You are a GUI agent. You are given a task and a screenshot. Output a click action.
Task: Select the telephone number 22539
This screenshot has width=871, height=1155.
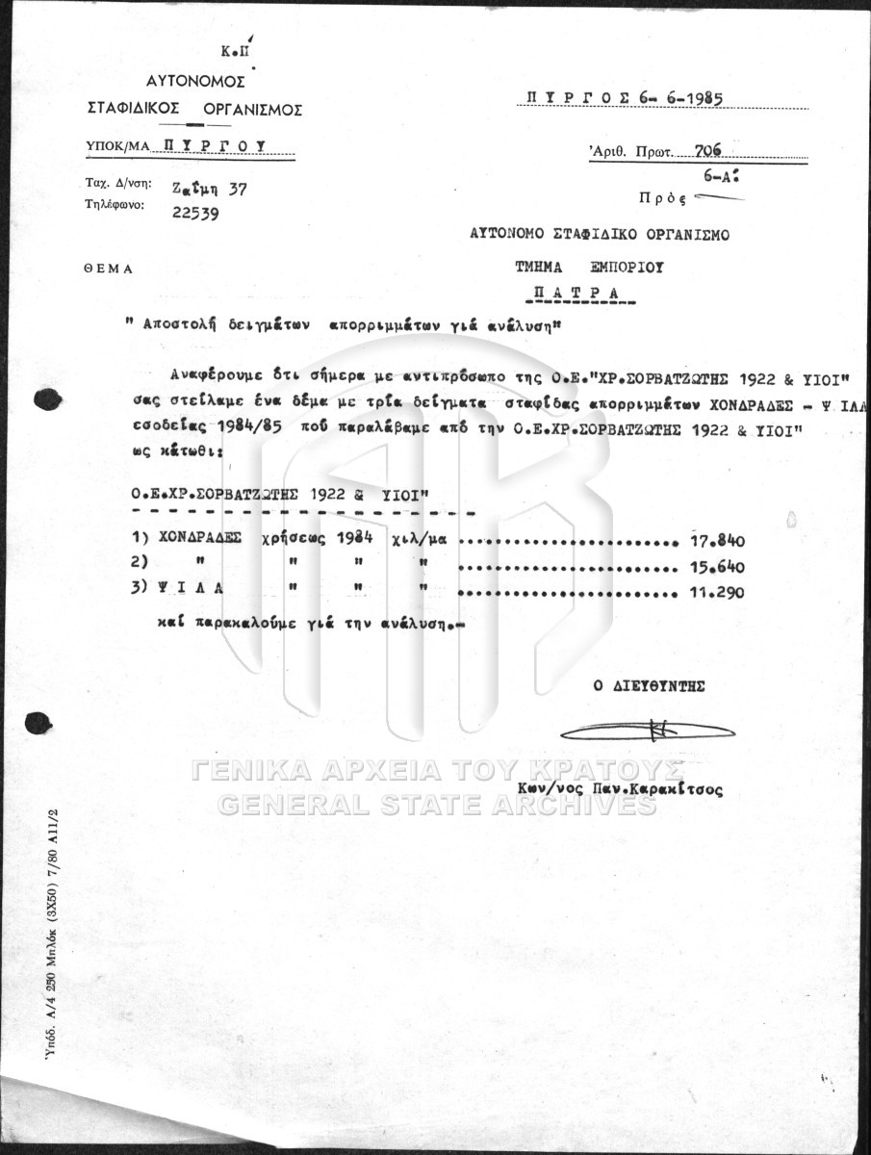194,214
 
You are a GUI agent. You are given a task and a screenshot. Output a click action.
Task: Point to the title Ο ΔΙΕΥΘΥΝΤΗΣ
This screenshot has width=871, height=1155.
649,686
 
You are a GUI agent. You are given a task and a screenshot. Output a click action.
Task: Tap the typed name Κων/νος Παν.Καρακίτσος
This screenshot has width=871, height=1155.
619,788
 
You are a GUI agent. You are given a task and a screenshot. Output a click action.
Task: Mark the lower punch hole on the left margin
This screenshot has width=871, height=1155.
39,722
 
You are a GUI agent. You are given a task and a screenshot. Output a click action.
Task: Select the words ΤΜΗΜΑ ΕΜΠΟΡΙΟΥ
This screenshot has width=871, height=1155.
574,268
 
